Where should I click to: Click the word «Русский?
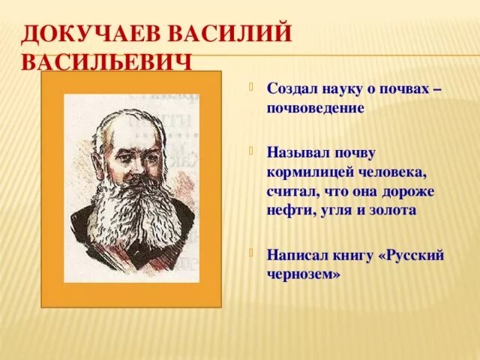pos(412,256)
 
